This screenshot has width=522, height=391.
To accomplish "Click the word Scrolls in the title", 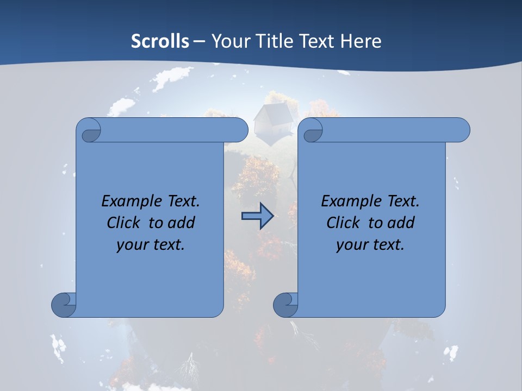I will (160, 41).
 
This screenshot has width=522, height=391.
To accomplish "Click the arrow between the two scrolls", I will (257, 216).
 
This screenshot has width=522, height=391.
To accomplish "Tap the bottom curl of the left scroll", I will (64, 304).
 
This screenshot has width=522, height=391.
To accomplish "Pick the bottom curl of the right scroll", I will (285, 304).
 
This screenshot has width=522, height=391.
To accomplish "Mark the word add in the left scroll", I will (181, 223).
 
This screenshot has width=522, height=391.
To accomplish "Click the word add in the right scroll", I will (401, 223).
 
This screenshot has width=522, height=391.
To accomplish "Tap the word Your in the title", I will (226, 41).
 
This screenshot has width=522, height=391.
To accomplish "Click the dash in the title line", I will (199, 41).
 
